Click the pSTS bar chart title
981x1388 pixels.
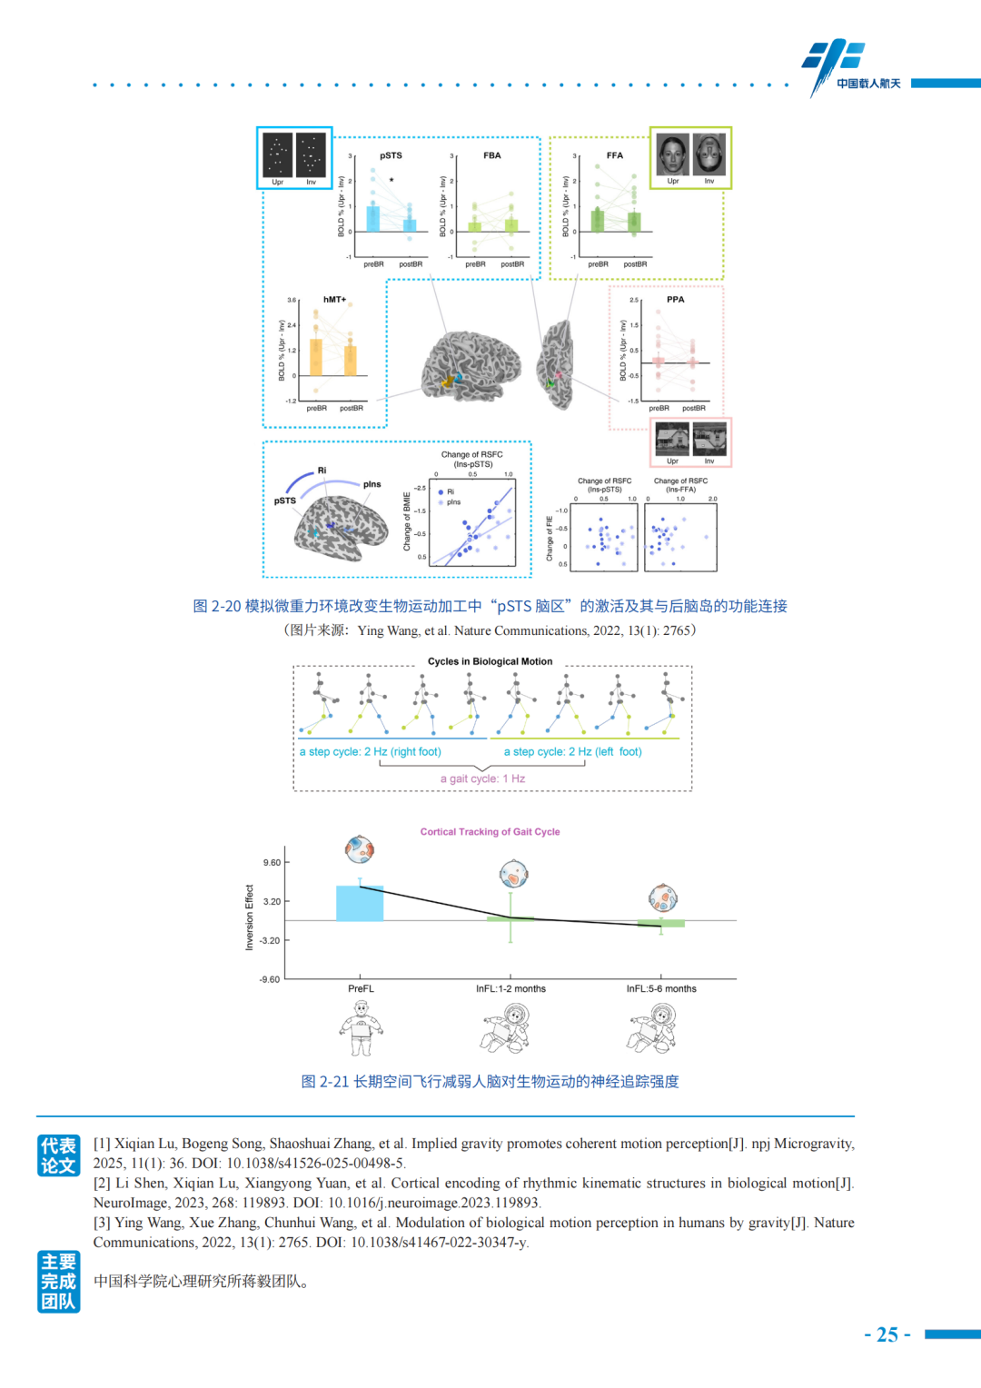(x=391, y=155)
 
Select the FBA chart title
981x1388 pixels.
(x=491, y=155)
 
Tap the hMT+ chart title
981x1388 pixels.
(x=334, y=299)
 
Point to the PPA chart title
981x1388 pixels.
(x=675, y=299)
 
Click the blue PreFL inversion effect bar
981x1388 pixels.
(x=360, y=904)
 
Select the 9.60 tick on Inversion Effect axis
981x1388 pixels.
(x=272, y=863)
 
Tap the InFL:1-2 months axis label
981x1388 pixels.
(x=510, y=988)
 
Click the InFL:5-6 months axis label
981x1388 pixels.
(x=661, y=988)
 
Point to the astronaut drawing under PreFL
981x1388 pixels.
(x=362, y=1028)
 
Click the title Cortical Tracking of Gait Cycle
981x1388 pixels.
(x=490, y=831)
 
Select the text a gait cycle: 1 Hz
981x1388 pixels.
(x=482, y=778)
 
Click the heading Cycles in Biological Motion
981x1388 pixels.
(x=490, y=661)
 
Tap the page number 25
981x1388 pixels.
(x=887, y=1334)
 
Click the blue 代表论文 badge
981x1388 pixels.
(x=58, y=1155)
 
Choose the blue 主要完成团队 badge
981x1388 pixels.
(x=58, y=1281)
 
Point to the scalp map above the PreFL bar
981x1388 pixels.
(x=360, y=849)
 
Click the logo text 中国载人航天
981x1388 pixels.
(x=868, y=84)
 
